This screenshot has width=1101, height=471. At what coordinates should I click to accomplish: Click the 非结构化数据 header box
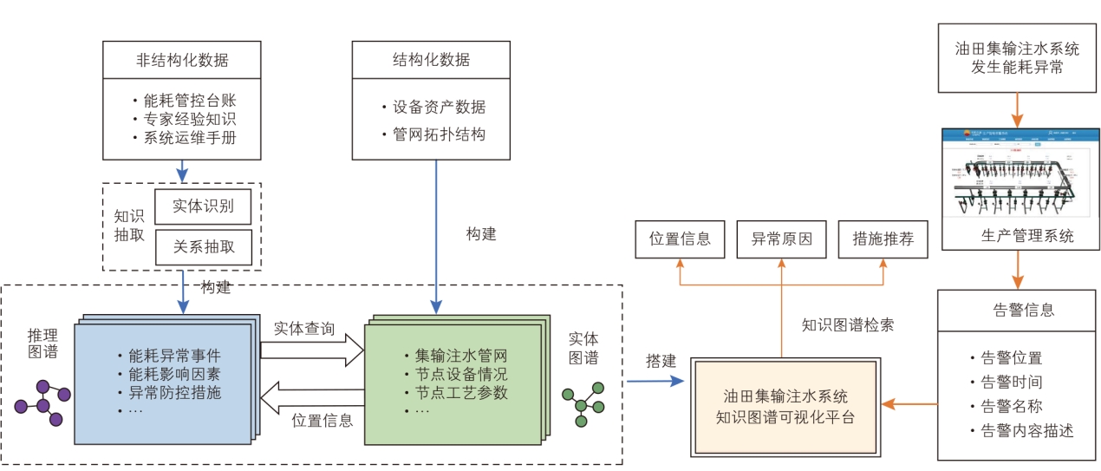(182, 60)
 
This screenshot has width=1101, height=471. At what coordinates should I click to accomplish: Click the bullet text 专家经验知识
(184, 118)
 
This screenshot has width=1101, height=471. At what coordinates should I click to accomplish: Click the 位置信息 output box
(680, 239)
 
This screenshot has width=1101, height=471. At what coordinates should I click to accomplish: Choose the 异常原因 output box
(781, 239)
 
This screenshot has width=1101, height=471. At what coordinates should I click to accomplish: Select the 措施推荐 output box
(883, 239)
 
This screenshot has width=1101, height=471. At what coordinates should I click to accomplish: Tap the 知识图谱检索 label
(847, 325)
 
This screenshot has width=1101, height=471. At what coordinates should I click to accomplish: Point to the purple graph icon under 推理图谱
(42, 401)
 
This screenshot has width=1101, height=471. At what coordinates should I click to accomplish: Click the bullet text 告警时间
(1011, 382)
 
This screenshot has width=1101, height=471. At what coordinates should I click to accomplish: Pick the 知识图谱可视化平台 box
(785, 406)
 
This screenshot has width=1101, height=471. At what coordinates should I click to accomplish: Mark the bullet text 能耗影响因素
(173, 374)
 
